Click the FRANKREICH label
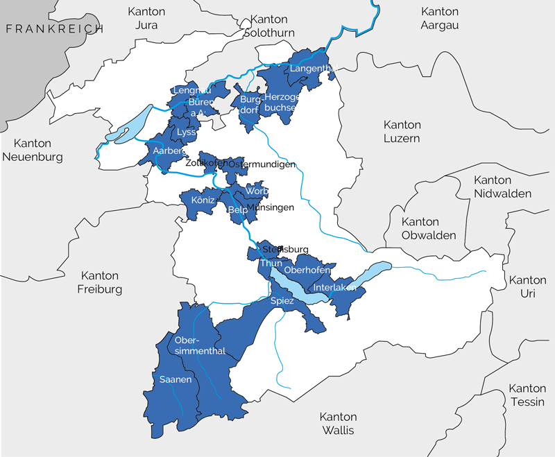(53, 28)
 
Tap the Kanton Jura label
(147, 18)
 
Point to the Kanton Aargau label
(440, 18)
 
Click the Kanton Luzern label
(402, 131)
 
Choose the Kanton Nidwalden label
(502, 187)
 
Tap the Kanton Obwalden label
(420, 228)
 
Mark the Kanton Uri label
(527, 286)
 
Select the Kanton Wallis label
(337, 423)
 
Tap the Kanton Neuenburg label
(32, 150)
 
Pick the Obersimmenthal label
(200, 345)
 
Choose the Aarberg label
(164, 150)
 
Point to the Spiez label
(282, 301)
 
